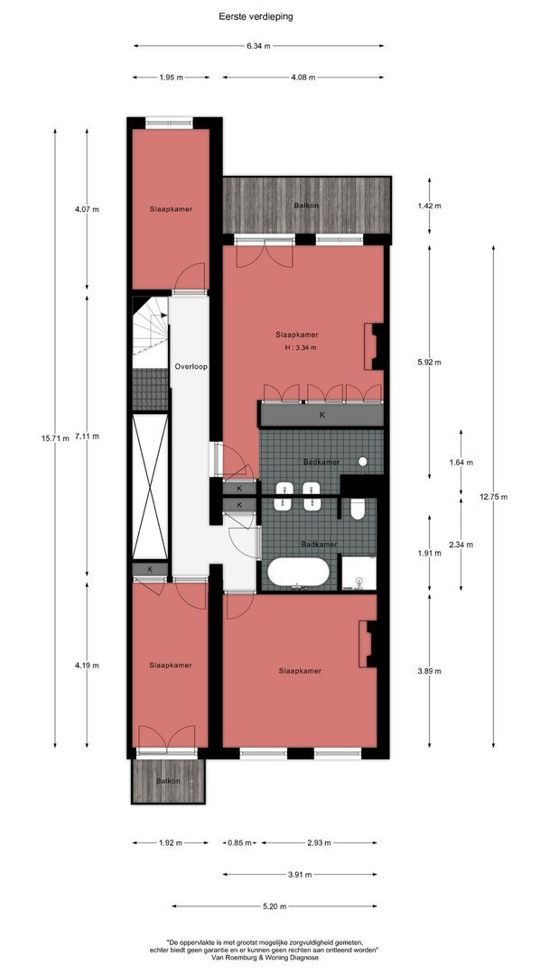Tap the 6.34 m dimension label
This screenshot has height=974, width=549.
257,46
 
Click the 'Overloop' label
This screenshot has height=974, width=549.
191,368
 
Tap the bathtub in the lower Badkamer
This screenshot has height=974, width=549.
299,573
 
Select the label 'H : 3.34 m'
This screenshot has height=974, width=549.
301,348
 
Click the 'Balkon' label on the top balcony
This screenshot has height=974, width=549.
306,207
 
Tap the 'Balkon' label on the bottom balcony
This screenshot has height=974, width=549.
168,781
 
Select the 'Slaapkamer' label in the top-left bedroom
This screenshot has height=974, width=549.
171,209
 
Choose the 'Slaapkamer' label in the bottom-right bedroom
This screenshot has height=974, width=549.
300,671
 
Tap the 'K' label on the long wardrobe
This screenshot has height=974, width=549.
322,416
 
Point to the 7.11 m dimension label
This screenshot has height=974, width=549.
87,436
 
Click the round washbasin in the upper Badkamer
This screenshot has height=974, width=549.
362,462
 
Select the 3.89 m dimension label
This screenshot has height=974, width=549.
428,671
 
